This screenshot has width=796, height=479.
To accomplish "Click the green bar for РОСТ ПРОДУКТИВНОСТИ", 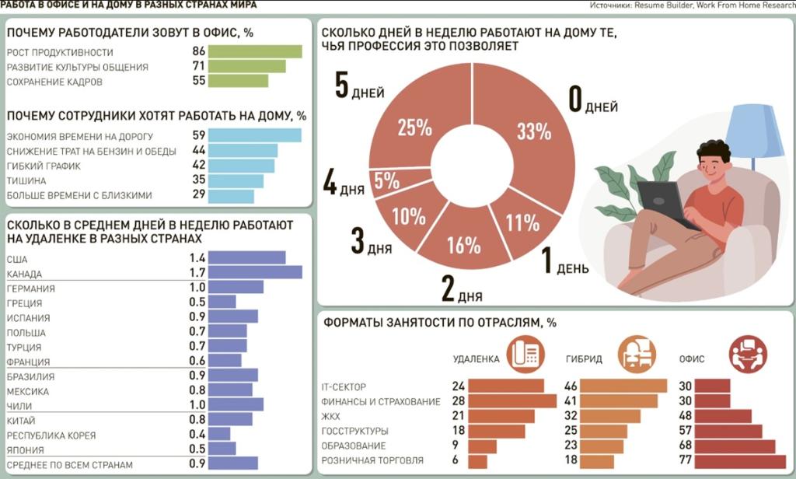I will (x=255, y=51).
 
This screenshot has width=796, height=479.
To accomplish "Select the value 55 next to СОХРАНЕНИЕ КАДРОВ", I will (x=198, y=81).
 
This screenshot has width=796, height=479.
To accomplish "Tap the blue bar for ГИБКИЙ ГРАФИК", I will (x=241, y=166).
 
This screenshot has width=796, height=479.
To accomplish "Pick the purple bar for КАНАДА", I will (x=255, y=272).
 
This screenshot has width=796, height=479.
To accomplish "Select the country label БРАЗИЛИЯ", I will (x=30, y=376).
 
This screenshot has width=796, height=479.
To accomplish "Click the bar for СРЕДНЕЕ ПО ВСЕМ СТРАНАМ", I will (x=233, y=463).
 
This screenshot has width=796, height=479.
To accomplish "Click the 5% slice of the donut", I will (x=386, y=181).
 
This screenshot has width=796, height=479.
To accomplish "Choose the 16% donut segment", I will (x=463, y=245).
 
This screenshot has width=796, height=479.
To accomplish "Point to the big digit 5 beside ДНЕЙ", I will (x=341, y=86).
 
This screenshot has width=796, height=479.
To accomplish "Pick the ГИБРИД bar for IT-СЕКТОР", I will (x=623, y=386).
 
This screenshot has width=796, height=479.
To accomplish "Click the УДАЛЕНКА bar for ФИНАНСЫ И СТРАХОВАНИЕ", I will (x=512, y=401).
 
